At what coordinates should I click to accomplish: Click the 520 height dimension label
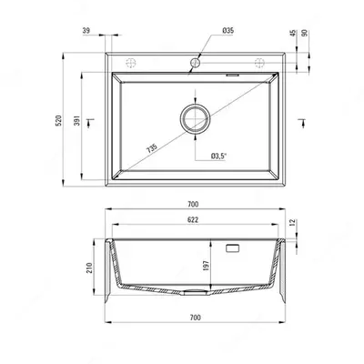(x=59, y=120)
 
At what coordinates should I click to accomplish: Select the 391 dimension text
(x=77, y=120)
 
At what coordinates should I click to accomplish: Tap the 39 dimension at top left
(x=86, y=30)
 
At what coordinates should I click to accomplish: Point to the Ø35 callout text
(x=228, y=30)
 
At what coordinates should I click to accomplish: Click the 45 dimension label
(x=293, y=33)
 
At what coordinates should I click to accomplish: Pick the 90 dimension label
(x=305, y=33)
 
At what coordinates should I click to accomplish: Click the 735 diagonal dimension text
(x=152, y=148)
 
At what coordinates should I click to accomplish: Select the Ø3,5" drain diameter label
(x=219, y=156)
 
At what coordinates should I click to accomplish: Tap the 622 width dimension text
(x=193, y=219)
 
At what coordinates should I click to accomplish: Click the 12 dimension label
(x=293, y=222)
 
